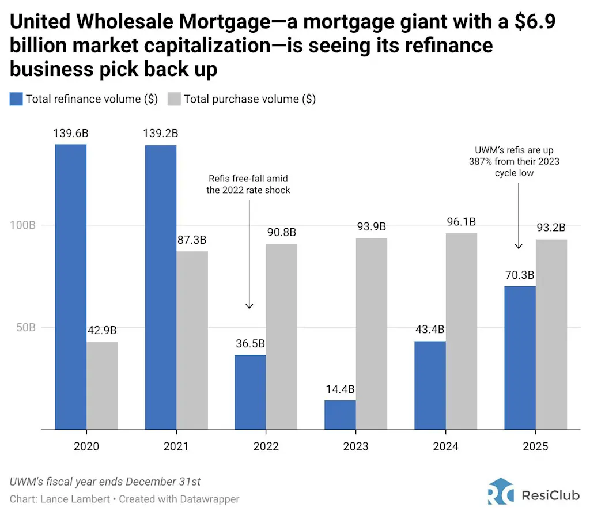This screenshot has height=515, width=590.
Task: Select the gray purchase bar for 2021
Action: click(x=192, y=340)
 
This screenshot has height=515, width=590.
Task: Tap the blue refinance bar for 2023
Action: click(x=340, y=415)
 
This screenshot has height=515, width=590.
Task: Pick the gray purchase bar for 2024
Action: click(x=462, y=331)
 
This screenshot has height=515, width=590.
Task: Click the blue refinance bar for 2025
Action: click(x=520, y=358)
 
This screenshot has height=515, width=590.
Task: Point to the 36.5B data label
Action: click(x=250, y=344)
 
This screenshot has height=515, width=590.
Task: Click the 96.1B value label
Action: click(x=462, y=222)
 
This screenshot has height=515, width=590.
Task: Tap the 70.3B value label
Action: click(x=520, y=275)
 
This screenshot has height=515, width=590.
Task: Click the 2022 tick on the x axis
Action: click(x=266, y=446)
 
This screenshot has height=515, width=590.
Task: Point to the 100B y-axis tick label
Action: click(x=23, y=225)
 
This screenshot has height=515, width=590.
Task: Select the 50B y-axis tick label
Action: click(x=25, y=327)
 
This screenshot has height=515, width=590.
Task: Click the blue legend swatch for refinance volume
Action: click(x=16, y=99)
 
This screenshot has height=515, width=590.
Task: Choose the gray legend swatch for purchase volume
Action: click(x=174, y=99)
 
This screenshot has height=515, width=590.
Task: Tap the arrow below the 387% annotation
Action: click(x=518, y=216)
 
